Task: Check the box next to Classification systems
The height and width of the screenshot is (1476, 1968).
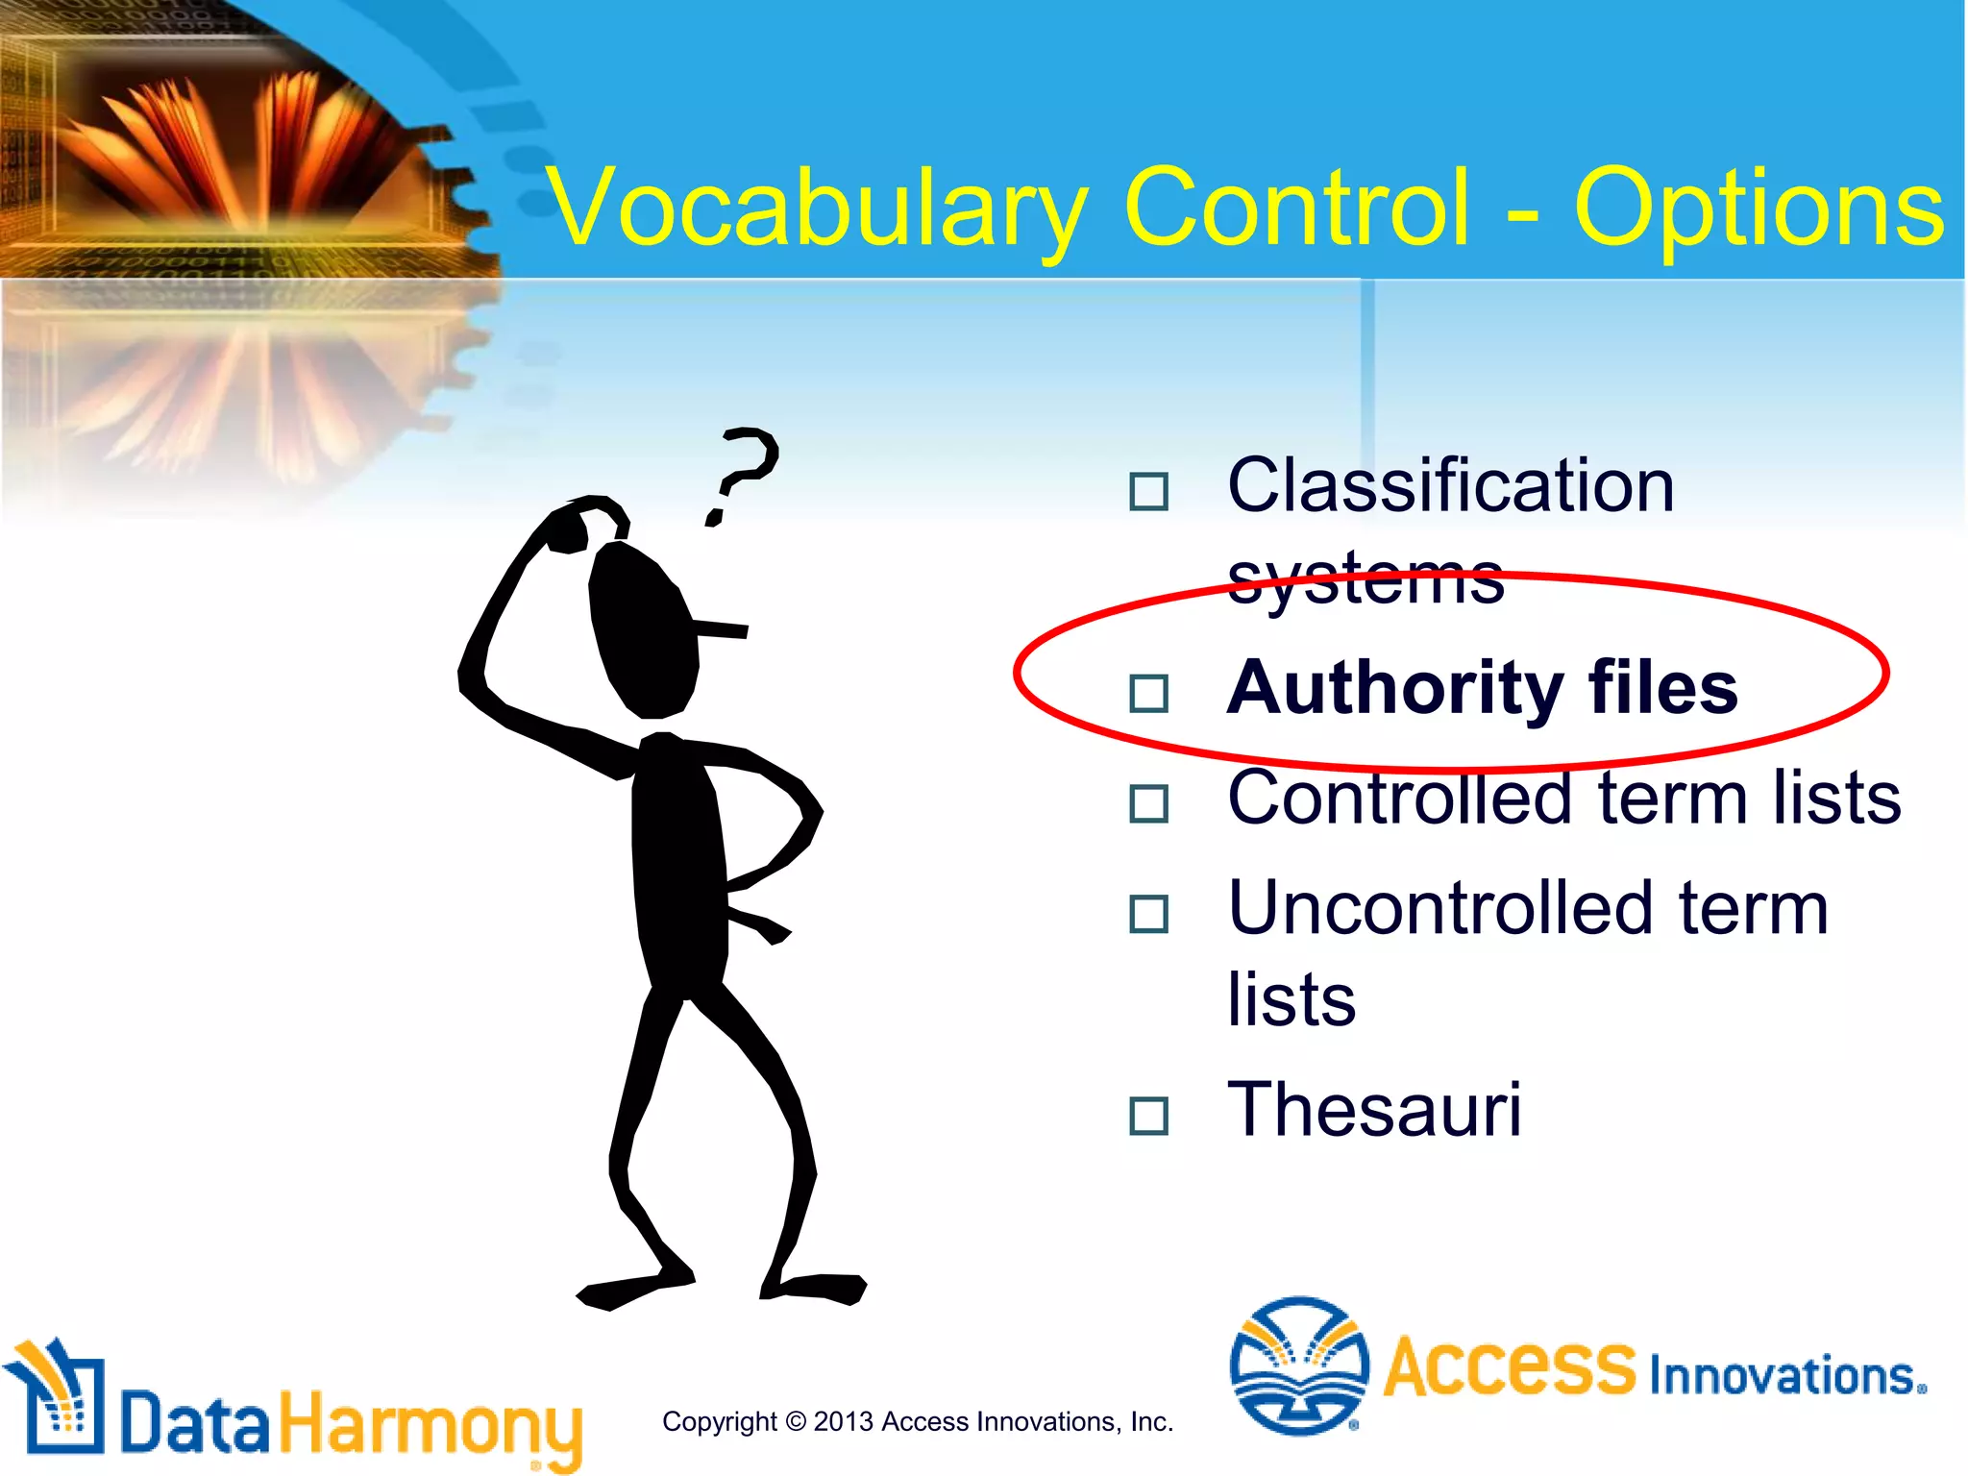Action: click(x=1148, y=492)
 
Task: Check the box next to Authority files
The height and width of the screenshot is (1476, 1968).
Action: click(x=1148, y=693)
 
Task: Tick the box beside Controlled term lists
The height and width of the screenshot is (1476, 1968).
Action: click(x=1148, y=803)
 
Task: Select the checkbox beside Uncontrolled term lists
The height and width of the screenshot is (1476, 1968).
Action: click(x=1148, y=915)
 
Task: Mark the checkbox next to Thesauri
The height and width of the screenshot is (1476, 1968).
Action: click(x=1148, y=1117)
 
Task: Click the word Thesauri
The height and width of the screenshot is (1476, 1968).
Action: click(x=1374, y=1110)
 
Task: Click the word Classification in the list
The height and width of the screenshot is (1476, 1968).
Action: click(x=1451, y=486)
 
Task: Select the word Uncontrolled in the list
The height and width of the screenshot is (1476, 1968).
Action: click(x=1440, y=909)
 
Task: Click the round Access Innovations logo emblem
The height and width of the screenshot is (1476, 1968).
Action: click(x=1298, y=1365)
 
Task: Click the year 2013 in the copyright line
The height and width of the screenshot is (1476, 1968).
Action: click(x=843, y=1422)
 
